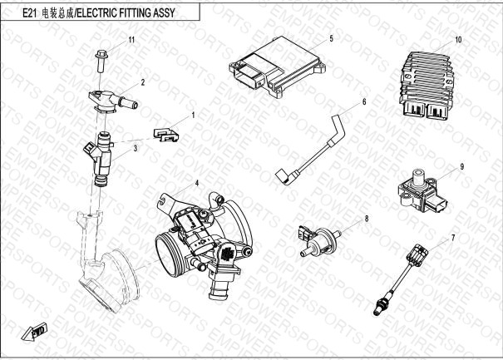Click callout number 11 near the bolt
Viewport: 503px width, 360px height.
coord(131,40)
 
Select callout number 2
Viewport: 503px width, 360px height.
coord(143,82)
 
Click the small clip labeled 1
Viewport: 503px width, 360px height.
coord(166,135)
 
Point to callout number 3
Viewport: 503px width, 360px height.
coord(136,149)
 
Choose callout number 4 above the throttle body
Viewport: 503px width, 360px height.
coord(197,183)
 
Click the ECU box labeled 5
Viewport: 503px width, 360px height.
coord(278,67)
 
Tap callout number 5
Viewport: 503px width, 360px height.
coord(332,38)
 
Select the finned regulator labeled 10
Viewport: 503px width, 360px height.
coord(427,86)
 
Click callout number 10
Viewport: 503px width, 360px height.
coord(458,39)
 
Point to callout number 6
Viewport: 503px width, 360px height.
coord(364,101)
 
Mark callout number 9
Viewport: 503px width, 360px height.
coord(462,166)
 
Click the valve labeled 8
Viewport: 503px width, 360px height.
coord(318,241)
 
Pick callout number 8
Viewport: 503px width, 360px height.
coord(367,219)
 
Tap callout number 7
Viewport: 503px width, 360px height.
coord(453,238)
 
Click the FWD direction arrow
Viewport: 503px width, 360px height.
coord(35,332)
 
